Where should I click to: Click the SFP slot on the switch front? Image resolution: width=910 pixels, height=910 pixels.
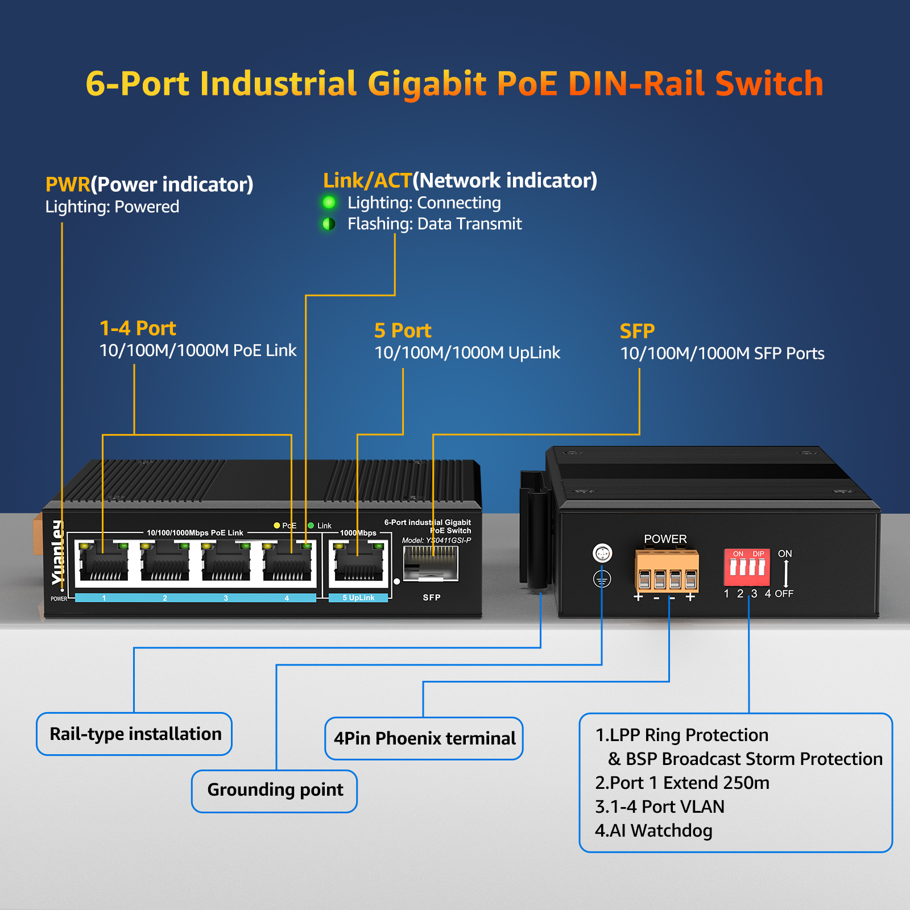[431, 564]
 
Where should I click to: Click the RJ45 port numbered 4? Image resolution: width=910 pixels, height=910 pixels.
[287, 563]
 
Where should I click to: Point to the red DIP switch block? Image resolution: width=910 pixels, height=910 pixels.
[747, 567]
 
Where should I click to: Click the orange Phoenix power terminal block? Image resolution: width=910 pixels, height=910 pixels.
[667, 572]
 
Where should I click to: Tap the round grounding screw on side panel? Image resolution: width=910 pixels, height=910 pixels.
[602, 552]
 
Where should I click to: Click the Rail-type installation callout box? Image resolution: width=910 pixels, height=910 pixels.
[134, 734]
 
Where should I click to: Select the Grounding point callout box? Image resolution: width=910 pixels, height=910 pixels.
[274, 791]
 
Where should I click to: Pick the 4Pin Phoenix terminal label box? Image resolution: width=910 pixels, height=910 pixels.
[424, 738]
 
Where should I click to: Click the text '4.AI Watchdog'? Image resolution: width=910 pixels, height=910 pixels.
[653, 830]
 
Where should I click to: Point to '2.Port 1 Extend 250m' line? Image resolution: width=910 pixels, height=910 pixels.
[682, 783]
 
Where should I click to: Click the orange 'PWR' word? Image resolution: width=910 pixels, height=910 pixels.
[68, 184]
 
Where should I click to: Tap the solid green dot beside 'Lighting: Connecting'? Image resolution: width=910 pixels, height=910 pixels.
[329, 202]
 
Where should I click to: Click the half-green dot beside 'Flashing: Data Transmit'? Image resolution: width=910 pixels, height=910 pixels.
[329, 224]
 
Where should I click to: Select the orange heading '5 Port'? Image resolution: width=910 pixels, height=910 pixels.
[403, 330]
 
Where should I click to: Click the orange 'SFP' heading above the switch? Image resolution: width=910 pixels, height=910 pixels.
[637, 331]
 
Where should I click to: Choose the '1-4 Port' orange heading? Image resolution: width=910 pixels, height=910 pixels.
[138, 328]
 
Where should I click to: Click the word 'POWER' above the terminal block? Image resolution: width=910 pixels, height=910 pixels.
[665, 539]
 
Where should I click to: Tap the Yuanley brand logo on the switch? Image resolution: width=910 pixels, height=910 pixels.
[57, 552]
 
